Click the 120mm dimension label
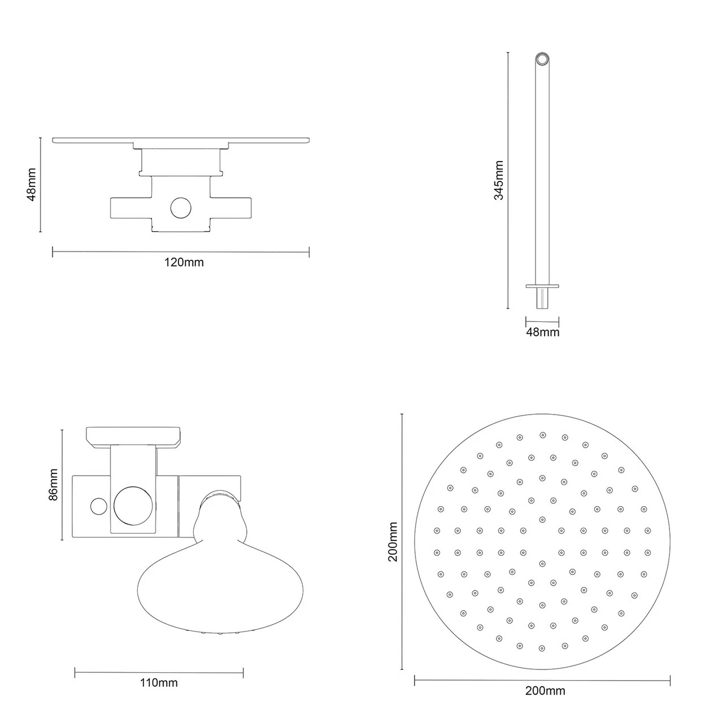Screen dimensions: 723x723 [x=184, y=262]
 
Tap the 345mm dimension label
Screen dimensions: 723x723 [x=498, y=180]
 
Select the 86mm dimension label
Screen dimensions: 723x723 [x=53, y=485]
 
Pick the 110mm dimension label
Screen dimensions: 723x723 [x=159, y=683]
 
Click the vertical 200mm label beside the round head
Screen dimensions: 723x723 [x=393, y=541]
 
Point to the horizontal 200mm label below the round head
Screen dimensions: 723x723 [x=545, y=690]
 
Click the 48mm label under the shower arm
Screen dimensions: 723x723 [x=542, y=332]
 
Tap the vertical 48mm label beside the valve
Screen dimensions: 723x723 [x=32, y=184]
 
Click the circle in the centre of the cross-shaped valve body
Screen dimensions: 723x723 [x=181, y=208]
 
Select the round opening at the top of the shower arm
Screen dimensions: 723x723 [x=542, y=59]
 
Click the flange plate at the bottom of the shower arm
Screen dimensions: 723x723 [x=542, y=286]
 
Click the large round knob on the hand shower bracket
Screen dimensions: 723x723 [x=133, y=504]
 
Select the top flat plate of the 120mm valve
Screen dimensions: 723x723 [x=181, y=140]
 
